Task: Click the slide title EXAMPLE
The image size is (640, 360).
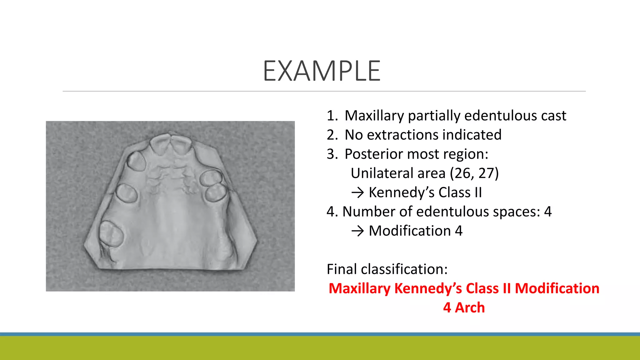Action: tap(322, 71)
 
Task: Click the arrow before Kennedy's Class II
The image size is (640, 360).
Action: tap(357, 192)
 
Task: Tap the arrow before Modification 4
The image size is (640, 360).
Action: tap(357, 231)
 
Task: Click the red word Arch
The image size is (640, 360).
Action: tap(470, 307)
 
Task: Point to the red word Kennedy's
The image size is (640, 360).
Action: tap(428, 288)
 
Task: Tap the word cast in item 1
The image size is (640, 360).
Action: tap(553, 116)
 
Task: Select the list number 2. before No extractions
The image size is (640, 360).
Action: tap(332, 135)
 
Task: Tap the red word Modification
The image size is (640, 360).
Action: tap(557, 288)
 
